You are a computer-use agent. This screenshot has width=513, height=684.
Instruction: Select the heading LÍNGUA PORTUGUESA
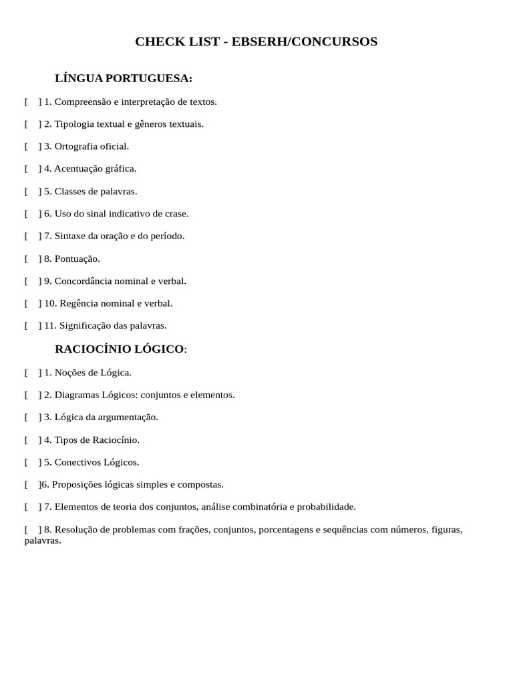click(123, 79)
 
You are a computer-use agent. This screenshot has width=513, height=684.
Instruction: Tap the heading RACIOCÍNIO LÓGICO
click(119, 349)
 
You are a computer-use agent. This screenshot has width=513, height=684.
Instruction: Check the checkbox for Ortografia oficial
click(33, 146)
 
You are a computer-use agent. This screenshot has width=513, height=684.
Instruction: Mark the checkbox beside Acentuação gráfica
click(33, 169)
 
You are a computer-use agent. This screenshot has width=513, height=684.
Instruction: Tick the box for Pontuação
click(33, 259)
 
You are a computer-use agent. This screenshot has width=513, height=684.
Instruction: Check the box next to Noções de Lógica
click(33, 372)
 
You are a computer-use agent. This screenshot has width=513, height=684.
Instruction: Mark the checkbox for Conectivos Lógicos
click(33, 462)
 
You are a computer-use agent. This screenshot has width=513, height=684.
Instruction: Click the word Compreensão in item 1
click(82, 102)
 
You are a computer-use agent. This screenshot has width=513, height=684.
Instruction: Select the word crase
click(176, 214)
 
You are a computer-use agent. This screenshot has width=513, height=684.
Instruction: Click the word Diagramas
click(76, 395)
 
